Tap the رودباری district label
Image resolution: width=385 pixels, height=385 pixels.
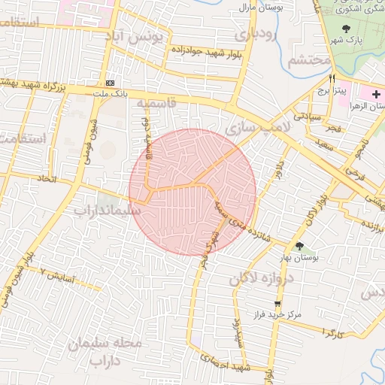click(256, 35)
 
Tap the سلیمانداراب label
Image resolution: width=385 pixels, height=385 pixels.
click(108, 211)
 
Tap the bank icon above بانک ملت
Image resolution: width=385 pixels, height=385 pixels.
click(111, 82)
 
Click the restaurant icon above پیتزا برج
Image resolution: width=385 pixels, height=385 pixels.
click(331, 77)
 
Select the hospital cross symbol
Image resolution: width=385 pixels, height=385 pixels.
click(376, 93)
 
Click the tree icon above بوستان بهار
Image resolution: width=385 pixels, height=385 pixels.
click(300, 246)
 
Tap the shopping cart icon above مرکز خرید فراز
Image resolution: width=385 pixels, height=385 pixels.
click(278, 305)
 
